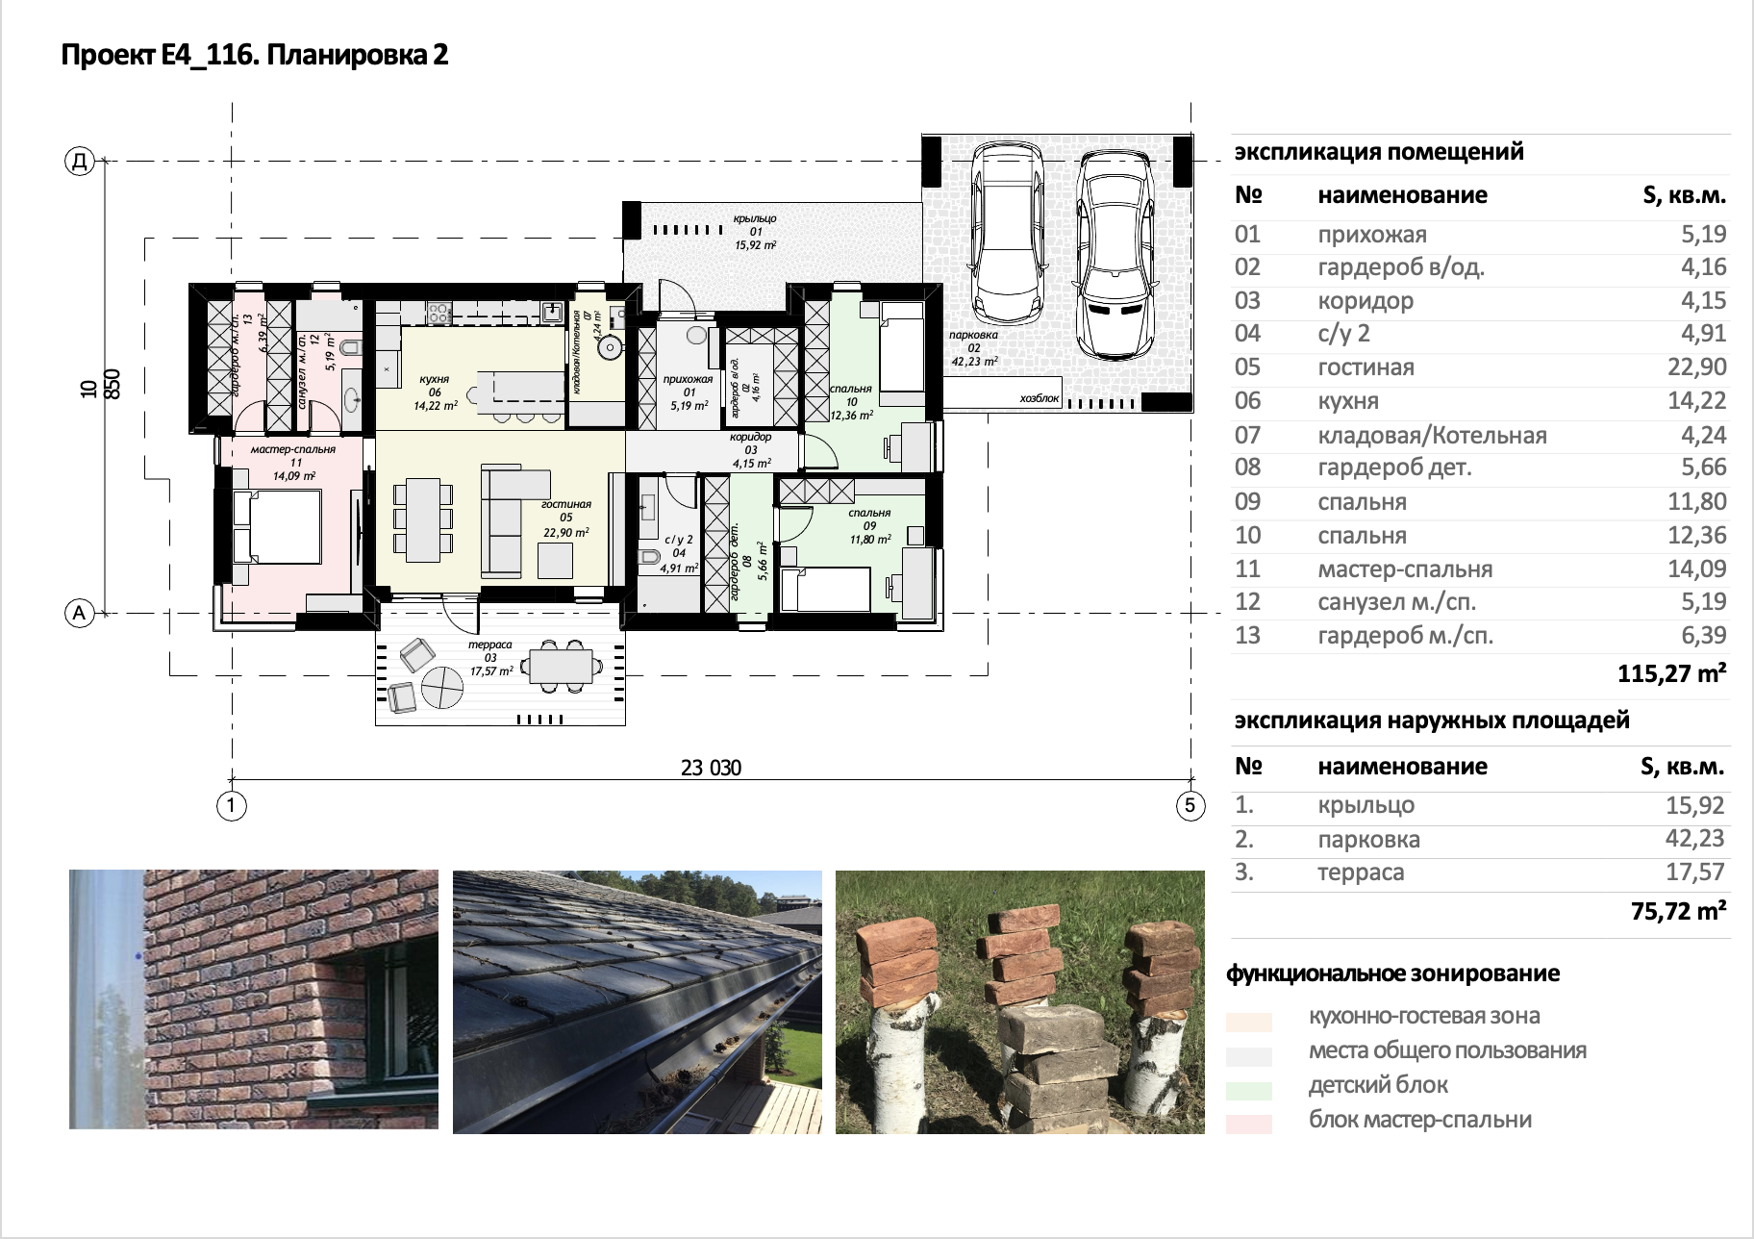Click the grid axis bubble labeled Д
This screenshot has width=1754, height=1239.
[80, 161]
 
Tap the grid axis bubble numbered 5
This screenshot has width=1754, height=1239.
[1190, 805]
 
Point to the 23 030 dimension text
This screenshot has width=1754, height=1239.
[711, 768]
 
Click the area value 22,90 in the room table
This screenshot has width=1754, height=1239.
[1696, 367]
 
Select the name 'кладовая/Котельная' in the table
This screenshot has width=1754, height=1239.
[1432, 436]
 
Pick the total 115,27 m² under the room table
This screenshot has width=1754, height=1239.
[1671, 673]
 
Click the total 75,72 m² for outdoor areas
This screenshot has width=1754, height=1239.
[1678, 911]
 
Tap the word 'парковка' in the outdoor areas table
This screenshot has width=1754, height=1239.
[1368, 840]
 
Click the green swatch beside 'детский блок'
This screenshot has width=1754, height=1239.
[1248, 1090]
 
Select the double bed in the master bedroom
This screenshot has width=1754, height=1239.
[277, 526]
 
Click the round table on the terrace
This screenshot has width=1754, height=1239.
[443, 687]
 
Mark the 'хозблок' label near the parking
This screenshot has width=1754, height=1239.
[1040, 398]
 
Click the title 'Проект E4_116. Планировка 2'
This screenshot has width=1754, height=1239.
[255, 55]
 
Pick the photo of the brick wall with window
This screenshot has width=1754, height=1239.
[254, 999]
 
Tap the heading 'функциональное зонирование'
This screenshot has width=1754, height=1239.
[1392, 973]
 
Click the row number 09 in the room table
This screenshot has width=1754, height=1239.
[1247, 502]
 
